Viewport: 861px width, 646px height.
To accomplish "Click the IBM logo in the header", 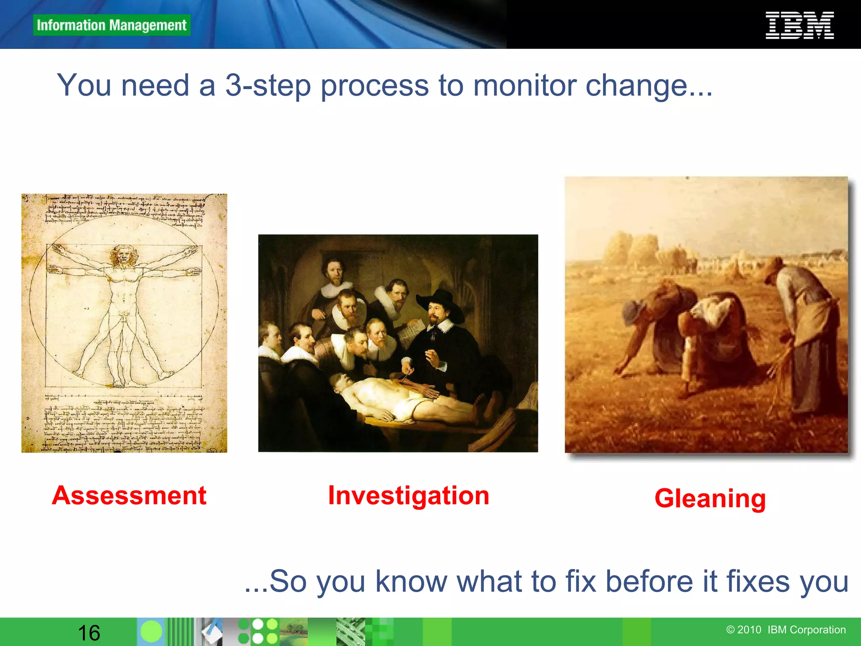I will (800, 26).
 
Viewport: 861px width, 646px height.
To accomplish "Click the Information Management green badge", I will (111, 25).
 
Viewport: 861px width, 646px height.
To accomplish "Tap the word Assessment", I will (129, 495).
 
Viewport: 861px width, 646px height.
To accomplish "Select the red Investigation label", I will (409, 495).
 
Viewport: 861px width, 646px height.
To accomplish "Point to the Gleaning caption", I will (710, 499).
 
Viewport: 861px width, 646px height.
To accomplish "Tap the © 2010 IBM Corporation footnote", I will (786, 630).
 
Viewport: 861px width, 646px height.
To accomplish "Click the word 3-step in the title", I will (268, 86).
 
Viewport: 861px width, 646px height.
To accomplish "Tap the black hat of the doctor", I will (439, 299).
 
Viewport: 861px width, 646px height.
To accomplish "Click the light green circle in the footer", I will (151, 632).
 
